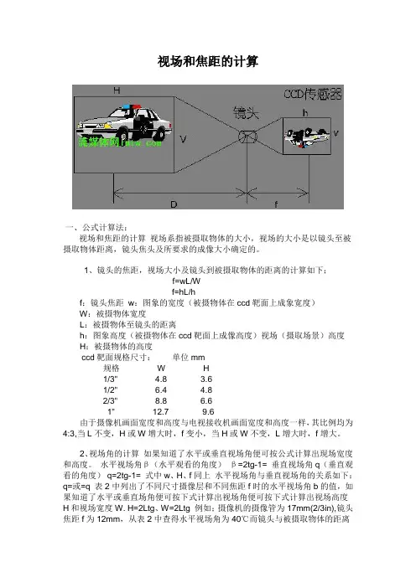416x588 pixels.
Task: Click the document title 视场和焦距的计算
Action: pyautogui.click(x=208, y=61)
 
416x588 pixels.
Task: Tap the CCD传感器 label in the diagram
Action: pyautogui.click(x=312, y=94)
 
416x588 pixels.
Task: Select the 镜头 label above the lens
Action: pyautogui.click(x=247, y=113)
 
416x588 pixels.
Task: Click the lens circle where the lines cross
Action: pyautogui.click(x=247, y=137)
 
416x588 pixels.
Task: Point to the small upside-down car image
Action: pyautogui.click(x=307, y=137)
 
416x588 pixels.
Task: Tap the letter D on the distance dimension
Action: pyautogui.click(x=174, y=204)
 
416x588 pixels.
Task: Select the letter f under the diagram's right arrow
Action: pyautogui.click(x=276, y=204)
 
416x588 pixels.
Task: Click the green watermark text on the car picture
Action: pyautogui.click(x=120, y=142)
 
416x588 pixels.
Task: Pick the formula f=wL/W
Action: pyautogui.click(x=186, y=281)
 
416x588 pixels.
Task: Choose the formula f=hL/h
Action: pyautogui.click(x=184, y=291)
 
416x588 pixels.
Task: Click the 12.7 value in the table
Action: pyautogui.click(x=161, y=411)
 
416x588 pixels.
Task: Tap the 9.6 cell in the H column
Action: pyautogui.click(x=208, y=411)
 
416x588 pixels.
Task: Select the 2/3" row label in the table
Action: pyautogui.click(x=111, y=400)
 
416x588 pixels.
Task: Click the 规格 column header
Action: pyautogui.click(x=112, y=368)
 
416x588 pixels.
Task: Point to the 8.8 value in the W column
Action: pyautogui.click(x=161, y=400)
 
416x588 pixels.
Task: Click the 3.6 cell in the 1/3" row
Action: pyautogui.click(x=206, y=379)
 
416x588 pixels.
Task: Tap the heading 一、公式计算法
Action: pyautogui.click(x=96, y=227)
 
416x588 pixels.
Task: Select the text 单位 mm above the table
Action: pyautogui.click(x=189, y=357)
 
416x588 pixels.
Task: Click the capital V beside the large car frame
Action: pyautogui.click(x=183, y=139)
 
